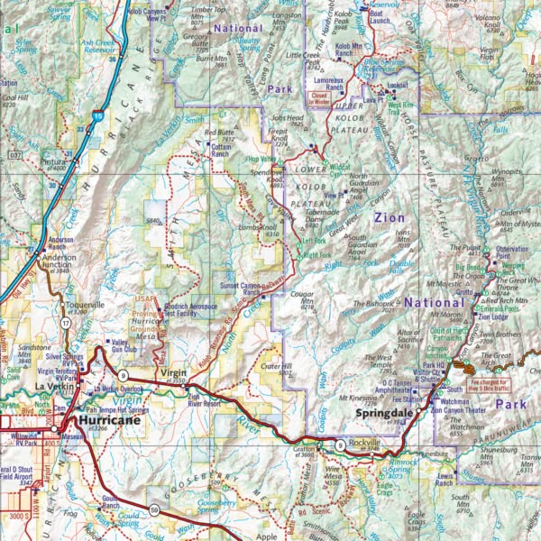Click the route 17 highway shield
(x=66, y=322)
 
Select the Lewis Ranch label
(x=442, y=479)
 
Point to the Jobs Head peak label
(x=287, y=119)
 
